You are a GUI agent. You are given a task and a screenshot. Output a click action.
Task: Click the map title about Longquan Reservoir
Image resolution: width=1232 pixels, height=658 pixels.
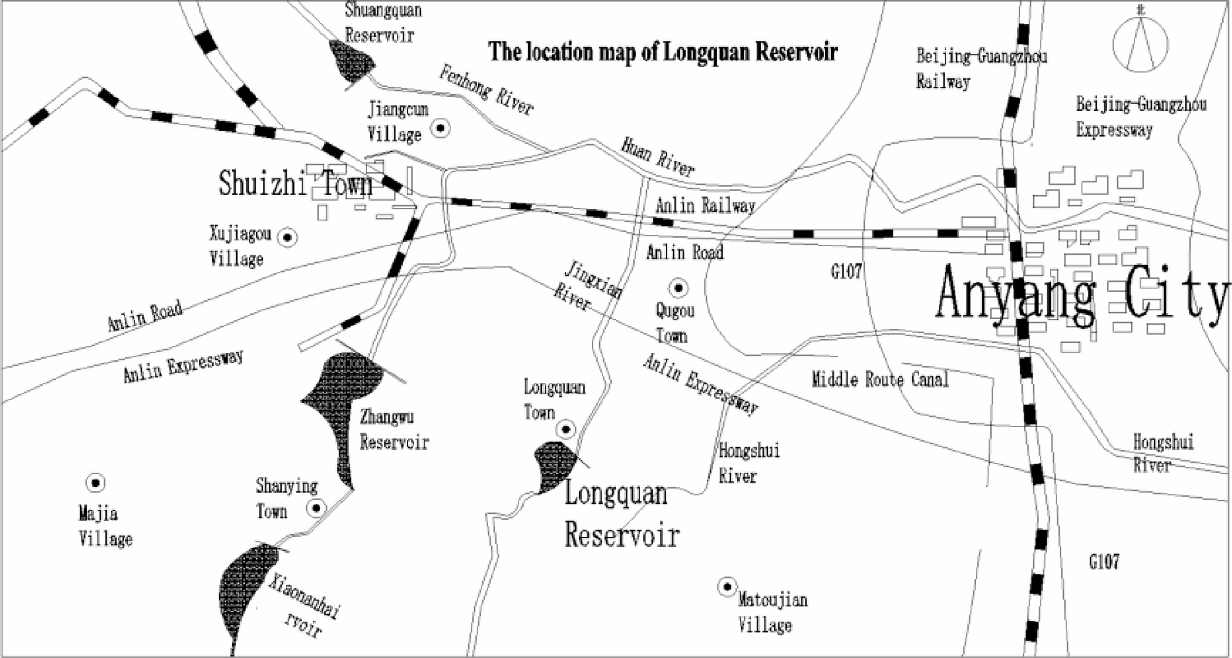pos(663,52)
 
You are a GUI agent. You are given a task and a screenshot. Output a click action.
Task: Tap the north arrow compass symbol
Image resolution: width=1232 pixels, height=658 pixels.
pos(1141,44)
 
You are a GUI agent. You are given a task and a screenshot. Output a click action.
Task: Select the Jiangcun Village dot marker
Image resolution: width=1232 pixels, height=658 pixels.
pos(441,128)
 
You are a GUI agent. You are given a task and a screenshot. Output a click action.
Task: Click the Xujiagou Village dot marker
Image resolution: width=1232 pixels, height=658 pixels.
pos(287,238)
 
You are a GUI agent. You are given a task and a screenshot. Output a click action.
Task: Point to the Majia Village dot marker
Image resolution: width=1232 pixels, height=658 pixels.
pos(95,483)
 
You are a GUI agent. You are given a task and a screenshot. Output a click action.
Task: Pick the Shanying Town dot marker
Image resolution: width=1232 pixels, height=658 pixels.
pos(317,508)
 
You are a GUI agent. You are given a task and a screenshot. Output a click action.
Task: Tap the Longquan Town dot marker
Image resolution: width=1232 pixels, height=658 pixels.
pos(566,428)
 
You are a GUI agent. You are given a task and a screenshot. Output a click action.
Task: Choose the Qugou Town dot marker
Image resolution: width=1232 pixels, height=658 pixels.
pos(678,287)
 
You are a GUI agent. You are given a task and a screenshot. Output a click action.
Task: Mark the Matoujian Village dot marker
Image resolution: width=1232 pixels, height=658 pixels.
pos(727,587)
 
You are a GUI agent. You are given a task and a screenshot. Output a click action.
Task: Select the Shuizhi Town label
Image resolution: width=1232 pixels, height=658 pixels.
pos(296,184)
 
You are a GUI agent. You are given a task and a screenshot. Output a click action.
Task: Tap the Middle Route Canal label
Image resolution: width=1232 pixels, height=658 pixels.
pos(880,379)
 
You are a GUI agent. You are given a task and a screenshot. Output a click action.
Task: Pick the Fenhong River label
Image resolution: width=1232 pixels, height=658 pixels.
pos(486,91)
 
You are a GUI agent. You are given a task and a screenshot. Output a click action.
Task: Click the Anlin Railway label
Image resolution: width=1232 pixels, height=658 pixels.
pos(705,205)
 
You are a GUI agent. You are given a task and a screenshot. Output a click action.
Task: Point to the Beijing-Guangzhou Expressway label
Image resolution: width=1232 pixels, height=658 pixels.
pos(1140,117)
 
